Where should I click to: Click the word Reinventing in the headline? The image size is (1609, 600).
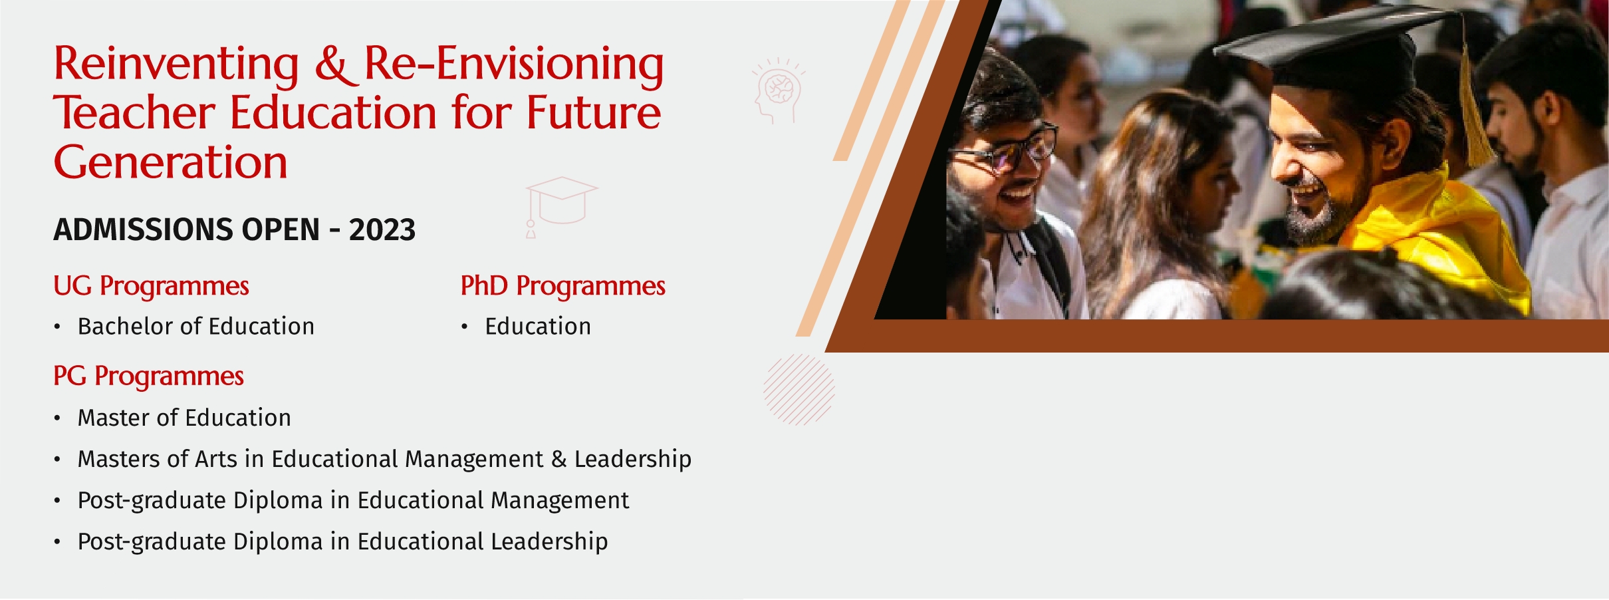(176, 65)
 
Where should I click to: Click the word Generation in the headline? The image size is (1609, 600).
(170, 162)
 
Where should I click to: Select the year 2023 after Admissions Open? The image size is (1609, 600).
(382, 230)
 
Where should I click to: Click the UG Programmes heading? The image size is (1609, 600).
(151, 286)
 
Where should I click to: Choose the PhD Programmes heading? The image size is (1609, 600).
(562, 286)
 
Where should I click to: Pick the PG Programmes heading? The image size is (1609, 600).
(148, 376)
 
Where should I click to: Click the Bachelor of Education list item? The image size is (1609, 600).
(195, 327)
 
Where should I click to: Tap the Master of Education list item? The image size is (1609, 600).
(184, 418)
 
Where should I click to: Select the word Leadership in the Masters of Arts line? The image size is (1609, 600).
(633, 460)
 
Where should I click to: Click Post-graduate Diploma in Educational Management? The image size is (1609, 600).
(353, 501)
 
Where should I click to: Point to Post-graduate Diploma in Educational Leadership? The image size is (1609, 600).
(342, 542)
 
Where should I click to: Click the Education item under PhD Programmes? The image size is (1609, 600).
(538, 327)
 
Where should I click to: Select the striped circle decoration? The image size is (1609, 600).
(799, 389)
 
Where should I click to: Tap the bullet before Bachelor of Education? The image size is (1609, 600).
(58, 327)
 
